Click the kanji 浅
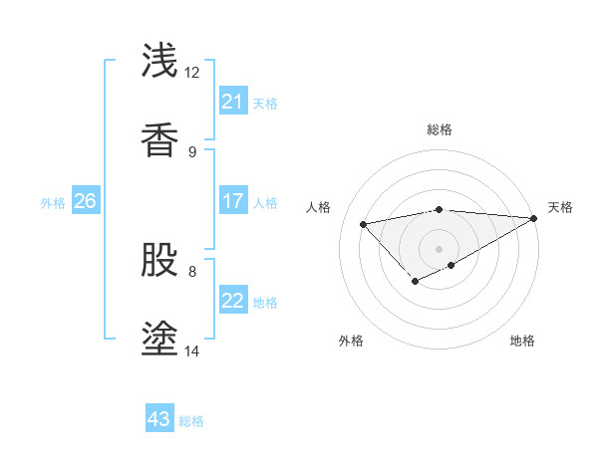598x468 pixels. (x=160, y=61)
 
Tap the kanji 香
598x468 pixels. (x=160, y=140)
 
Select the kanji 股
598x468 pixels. (x=160, y=260)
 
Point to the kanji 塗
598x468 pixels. (x=160, y=340)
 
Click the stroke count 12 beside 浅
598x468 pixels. (x=191, y=73)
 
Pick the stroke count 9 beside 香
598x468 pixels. (x=191, y=152)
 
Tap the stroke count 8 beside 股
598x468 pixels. (x=191, y=271)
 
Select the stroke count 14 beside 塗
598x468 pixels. (x=191, y=351)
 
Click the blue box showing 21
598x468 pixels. (x=232, y=102)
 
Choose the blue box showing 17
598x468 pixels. (x=232, y=201)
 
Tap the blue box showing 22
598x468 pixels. (x=232, y=301)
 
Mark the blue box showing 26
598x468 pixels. (x=85, y=201)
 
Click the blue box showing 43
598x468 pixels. (x=159, y=420)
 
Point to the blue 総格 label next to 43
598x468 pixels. (x=191, y=421)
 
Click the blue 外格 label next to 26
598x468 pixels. (x=53, y=202)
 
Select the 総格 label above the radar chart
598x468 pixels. (x=439, y=130)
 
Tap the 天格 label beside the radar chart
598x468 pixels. (x=560, y=207)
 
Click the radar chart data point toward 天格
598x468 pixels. (x=534, y=218)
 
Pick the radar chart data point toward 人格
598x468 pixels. (x=364, y=223)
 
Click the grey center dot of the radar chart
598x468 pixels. (x=439, y=248)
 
